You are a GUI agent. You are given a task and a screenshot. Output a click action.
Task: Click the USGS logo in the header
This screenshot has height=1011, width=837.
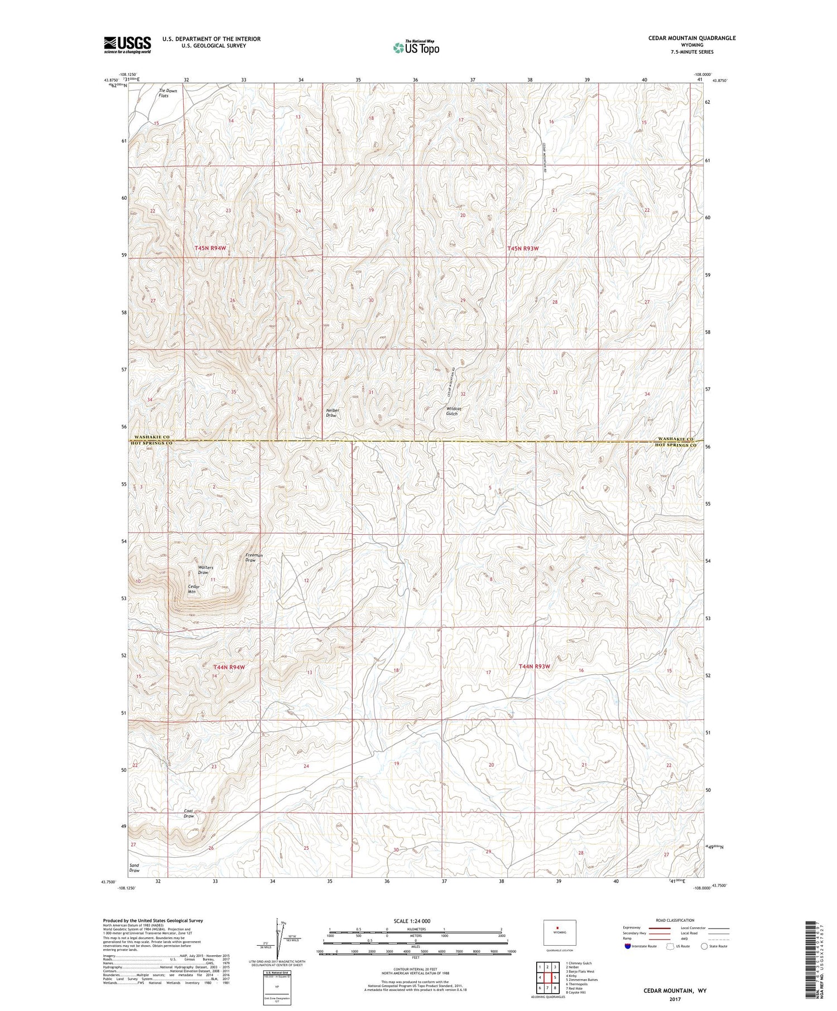coord(127,45)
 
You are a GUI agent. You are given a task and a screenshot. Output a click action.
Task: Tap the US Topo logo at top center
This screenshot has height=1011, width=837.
coord(416,48)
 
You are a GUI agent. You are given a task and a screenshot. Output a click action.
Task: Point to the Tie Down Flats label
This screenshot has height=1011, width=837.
coord(163,93)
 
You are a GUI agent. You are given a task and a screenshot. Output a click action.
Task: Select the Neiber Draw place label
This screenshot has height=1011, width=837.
coord(333,413)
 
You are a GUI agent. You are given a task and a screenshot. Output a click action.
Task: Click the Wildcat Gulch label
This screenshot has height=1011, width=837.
coord(453,411)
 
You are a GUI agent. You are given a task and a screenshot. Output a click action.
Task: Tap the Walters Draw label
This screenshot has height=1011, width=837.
coord(203,570)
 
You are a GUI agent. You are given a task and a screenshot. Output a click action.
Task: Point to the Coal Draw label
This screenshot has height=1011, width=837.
coord(189,813)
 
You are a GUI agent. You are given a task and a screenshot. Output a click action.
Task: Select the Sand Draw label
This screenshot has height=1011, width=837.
coord(134,868)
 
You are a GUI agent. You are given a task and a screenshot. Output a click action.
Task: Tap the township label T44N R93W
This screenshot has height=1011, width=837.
coord(534,666)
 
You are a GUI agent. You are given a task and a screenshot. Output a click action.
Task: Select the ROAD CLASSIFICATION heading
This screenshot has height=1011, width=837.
coord(675,920)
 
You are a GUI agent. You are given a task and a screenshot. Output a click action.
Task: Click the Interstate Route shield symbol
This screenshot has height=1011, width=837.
coord(628,946)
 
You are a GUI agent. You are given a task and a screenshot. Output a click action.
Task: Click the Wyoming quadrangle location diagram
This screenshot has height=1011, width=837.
coord(560,932)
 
